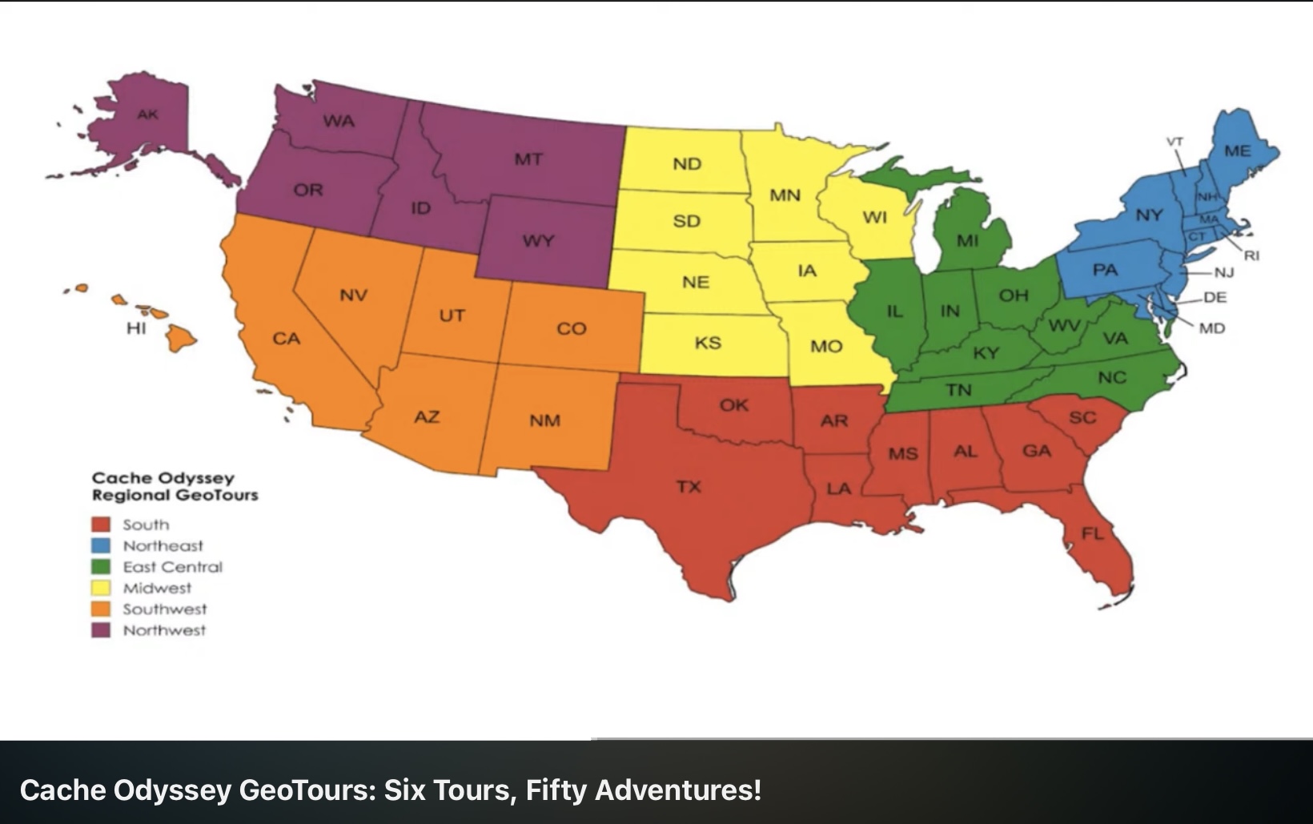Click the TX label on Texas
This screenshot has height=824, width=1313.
[689, 485]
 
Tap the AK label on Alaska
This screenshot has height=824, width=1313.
[147, 115]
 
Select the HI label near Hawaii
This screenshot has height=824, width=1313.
[136, 328]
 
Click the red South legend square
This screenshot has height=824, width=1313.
[101, 525]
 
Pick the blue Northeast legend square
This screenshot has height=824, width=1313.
[101, 545]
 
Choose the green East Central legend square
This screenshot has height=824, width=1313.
[101, 567]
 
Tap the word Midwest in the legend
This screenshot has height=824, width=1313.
[157, 588]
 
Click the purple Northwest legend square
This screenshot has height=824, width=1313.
[101, 630]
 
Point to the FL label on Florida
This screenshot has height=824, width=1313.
[1092, 533]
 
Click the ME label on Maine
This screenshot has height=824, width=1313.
[1237, 151]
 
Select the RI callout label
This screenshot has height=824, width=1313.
[1252, 255]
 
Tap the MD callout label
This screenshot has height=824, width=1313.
[1212, 328]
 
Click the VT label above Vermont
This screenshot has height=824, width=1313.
[1174, 142]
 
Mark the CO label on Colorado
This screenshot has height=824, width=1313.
[572, 328]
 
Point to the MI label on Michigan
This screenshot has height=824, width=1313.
[967, 240]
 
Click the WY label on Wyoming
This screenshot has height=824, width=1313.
[538, 240]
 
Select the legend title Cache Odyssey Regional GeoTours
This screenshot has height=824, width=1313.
[175, 486]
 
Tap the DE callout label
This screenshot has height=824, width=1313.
[1215, 297]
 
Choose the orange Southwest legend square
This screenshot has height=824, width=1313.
[101, 609]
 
